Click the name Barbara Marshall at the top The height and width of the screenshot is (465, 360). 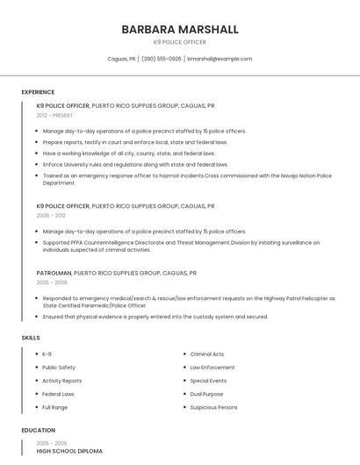tap(180, 29)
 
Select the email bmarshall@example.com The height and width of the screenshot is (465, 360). tap(220, 59)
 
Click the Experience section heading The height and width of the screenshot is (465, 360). tap(38, 92)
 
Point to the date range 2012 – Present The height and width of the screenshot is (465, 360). tap(55, 115)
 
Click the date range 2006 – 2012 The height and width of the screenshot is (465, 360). tap(51, 215)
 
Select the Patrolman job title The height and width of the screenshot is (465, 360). tap(54, 273)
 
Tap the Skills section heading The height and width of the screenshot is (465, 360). tap(30, 338)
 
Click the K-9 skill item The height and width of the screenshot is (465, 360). tap(47, 354)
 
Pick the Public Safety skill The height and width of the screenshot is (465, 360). tap(59, 368)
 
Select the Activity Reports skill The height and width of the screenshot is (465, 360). tap(61, 381)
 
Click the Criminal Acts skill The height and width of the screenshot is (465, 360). tap(207, 354)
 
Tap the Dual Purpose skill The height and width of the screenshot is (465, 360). tap(207, 394)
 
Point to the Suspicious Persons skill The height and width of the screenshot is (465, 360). tap(213, 407)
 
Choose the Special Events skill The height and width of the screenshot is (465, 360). tap(208, 381)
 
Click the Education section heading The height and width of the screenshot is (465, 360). tap(38, 431)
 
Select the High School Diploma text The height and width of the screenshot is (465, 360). tap(69, 451)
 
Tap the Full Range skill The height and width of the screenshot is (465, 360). tap(54, 407)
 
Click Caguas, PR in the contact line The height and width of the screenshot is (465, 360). tap(121, 59)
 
